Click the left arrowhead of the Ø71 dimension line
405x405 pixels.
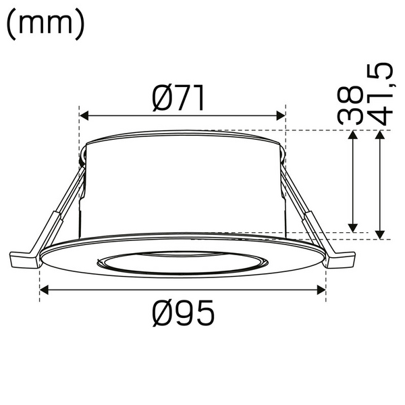coord(84,115)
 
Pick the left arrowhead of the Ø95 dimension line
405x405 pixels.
coord(45,290)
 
